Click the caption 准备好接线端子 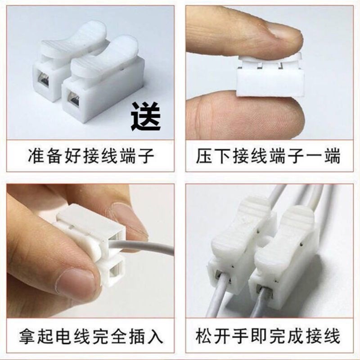coord(90,157)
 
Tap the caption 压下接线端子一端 coord(268,157)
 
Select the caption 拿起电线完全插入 coord(90,337)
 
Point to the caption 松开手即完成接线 coord(268,337)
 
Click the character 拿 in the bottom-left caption coord(28,337)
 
